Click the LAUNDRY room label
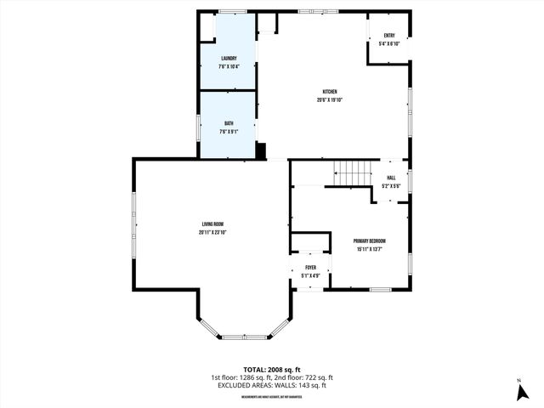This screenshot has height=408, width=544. tap(229, 58)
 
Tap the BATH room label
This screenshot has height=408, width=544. tap(229, 124)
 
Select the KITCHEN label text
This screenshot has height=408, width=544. tap(329, 92)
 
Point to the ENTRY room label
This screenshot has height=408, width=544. tap(389, 36)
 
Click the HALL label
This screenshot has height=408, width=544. tap(391, 178)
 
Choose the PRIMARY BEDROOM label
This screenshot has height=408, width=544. tap(370, 241)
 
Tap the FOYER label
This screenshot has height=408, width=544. tap(310, 268)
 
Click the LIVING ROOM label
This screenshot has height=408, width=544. tap(212, 224)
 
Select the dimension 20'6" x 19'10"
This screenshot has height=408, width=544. tap(329, 100)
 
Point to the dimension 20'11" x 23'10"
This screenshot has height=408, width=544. tap(212, 232)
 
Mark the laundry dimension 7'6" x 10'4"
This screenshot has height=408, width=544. tap(229, 66)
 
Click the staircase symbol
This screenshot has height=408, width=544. tap(353, 173)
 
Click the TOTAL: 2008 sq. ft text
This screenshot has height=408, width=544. tap(272, 370)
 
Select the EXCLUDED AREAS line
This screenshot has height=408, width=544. tap(272, 385)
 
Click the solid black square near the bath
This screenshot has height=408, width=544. tap(261, 151)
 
